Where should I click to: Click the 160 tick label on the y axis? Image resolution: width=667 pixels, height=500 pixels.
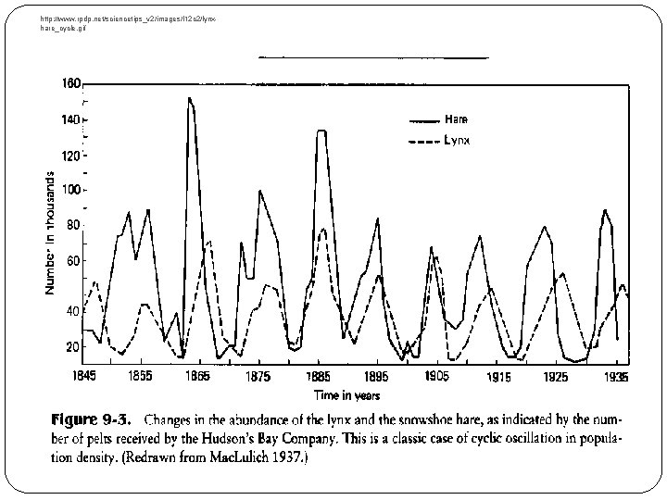click(x=72, y=82)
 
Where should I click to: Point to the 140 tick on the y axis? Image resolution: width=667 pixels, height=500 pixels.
click(x=72, y=119)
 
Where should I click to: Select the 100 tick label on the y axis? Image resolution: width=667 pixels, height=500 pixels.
click(x=72, y=190)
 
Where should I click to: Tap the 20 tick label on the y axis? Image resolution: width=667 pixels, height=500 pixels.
click(x=74, y=346)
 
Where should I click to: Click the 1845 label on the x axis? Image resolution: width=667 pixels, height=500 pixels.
click(x=83, y=377)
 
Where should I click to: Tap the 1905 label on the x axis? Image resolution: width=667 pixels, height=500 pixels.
click(x=436, y=377)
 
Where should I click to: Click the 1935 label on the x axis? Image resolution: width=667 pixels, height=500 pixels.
click(x=614, y=377)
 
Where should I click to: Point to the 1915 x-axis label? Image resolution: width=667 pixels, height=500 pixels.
click(x=499, y=378)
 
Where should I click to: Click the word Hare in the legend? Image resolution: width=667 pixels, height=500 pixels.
click(x=456, y=119)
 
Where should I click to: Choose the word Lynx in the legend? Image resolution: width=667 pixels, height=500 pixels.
click(x=457, y=141)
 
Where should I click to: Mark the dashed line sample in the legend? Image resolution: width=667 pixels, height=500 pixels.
click(x=423, y=142)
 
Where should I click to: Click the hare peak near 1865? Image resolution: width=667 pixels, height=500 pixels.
click(x=189, y=98)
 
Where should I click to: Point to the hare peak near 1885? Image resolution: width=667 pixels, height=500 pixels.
click(x=321, y=131)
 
